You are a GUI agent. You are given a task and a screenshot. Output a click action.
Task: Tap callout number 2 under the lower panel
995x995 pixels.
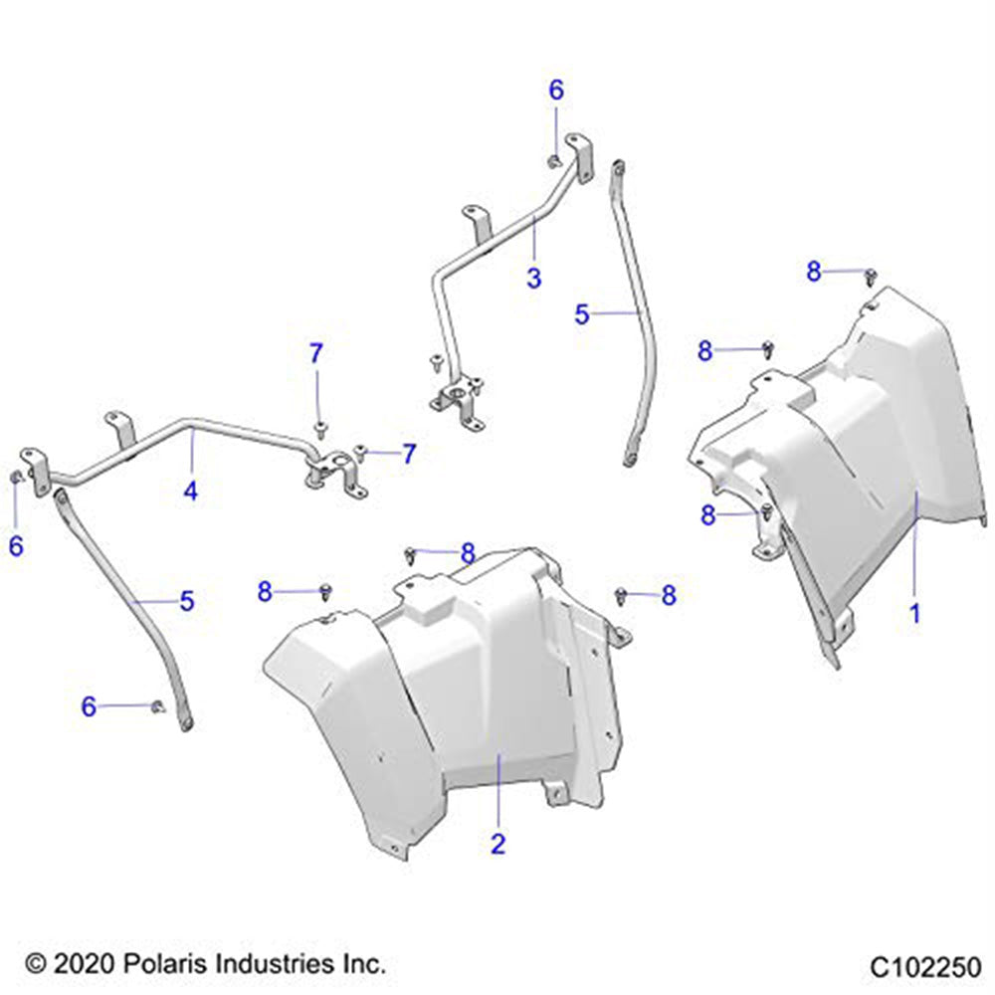(x=498, y=844)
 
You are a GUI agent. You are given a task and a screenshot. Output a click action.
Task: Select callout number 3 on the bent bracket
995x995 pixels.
(x=534, y=279)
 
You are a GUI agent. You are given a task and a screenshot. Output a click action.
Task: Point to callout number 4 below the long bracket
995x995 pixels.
(x=190, y=490)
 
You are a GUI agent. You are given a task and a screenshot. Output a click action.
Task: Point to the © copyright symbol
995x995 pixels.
(x=36, y=963)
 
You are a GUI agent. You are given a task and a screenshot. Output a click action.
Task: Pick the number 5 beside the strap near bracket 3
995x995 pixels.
(x=582, y=314)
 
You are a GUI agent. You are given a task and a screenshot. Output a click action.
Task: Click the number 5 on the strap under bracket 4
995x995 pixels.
(x=186, y=601)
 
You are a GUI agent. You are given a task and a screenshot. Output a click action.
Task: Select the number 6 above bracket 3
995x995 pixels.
(x=556, y=91)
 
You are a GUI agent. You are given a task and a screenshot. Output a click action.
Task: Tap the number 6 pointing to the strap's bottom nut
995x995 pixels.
(x=90, y=706)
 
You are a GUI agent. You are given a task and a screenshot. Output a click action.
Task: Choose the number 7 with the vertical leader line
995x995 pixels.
(x=315, y=353)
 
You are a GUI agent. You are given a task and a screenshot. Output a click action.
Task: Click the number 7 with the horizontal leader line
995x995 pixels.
(x=408, y=455)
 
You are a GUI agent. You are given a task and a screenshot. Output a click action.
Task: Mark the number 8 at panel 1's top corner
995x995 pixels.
(x=815, y=271)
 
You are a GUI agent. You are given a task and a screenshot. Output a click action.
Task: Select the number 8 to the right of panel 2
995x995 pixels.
(x=669, y=595)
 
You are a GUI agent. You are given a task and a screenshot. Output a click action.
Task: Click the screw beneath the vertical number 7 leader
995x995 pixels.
(x=320, y=429)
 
